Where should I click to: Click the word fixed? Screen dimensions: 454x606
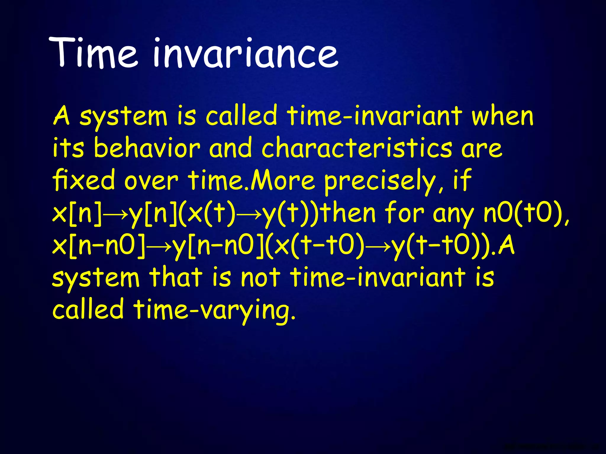pyautogui.click(x=84, y=180)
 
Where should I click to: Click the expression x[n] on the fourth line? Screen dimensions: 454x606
pyautogui.click(x=76, y=213)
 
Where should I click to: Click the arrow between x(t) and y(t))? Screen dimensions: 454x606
pyautogui.click(x=249, y=214)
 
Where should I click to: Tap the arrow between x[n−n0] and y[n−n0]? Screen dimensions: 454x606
pyautogui.click(x=158, y=247)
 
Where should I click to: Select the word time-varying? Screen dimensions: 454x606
pyautogui.click(x=214, y=310)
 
